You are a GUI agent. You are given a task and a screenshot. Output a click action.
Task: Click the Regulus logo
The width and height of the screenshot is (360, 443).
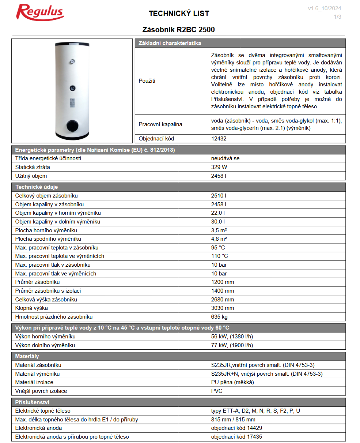point(40,12)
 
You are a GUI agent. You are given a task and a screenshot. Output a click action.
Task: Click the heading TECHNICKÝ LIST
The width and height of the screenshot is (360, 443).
point(179,14)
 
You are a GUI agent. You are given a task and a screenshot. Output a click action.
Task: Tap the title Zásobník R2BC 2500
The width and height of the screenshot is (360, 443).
point(178,30)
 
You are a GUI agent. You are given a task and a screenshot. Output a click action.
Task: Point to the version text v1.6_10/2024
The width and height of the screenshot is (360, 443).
point(325,9)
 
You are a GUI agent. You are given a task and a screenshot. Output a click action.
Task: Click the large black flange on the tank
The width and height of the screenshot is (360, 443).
point(72,125)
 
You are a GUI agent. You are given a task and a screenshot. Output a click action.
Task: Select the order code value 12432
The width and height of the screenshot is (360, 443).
point(219,139)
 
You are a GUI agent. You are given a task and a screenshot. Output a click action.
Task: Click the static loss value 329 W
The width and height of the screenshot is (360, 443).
point(219,167)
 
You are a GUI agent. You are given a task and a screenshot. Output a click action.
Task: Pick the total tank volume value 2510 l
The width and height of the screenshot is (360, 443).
point(219,196)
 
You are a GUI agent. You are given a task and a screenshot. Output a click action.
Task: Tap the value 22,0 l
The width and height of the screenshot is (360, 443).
point(218,213)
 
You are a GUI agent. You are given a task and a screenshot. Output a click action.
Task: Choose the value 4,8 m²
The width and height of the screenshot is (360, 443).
point(219,239)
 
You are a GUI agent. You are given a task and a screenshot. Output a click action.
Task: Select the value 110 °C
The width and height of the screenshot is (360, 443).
point(220,256)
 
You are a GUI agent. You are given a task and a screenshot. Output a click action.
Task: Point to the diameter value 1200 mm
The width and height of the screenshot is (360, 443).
point(223,282)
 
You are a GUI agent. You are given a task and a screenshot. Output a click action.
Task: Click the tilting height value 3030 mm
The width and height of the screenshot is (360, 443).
point(223,308)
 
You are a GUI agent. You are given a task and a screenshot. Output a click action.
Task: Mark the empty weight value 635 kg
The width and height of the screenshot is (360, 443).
point(219,317)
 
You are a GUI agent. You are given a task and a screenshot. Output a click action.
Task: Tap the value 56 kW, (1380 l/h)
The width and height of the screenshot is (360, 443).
point(232,337)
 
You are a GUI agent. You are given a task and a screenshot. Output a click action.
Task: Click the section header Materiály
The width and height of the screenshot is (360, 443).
point(27,356)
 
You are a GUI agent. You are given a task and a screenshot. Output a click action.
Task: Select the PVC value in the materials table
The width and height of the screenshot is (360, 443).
point(217,391)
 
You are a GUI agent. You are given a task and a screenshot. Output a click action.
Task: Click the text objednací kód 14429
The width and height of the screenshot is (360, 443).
point(236,428)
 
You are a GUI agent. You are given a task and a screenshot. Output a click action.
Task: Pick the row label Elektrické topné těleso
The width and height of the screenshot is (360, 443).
point(43,411)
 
